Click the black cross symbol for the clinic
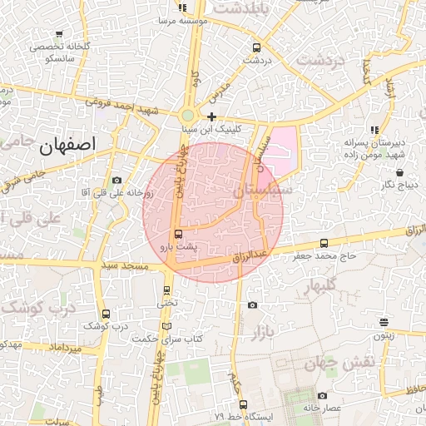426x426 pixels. click(212, 117)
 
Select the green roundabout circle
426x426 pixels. click(189, 116)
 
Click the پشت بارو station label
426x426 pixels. click(179, 247)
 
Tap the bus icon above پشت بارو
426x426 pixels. click(178, 234)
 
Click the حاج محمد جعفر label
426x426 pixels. click(324, 256)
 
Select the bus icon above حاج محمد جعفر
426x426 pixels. click(324, 244)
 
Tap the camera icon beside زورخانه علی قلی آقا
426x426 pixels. click(116, 181)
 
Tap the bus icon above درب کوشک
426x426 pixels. click(105, 314)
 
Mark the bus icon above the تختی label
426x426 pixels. click(167, 290)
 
